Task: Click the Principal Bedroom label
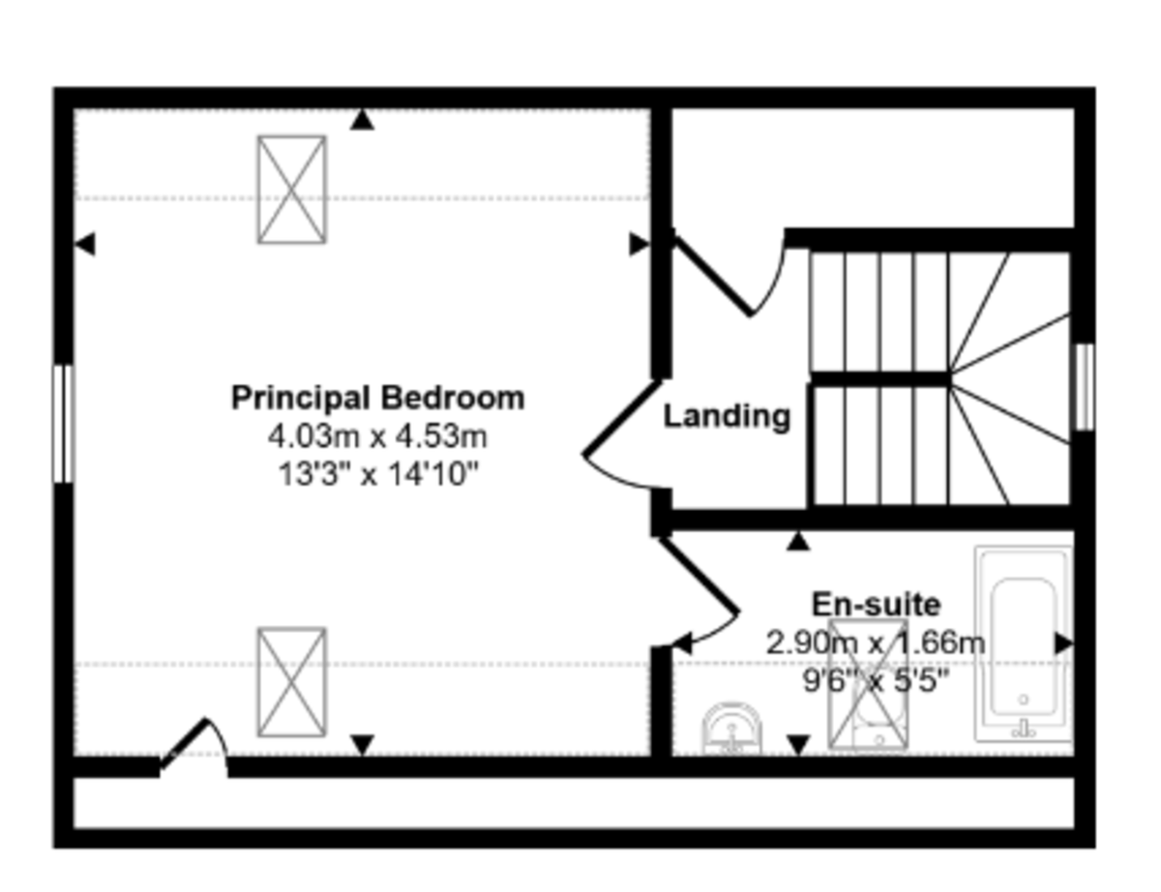pyautogui.click(x=377, y=399)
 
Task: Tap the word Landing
pyautogui.click(x=727, y=417)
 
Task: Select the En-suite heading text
pyautogui.click(x=877, y=605)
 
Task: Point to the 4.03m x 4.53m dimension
pyautogui.click(x=377, y=436)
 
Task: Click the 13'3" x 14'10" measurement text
pyautogui.click(x=377, y=474)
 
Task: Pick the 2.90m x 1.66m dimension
pyautogui.click(x=876, y=642)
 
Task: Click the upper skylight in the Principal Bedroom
pyautogui.click(x=292, y=190)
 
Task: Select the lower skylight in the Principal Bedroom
pyautogui.click(x=292, y=682)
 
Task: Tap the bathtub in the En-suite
pyautogui.click(x=1024, y=643)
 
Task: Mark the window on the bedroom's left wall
pyautogui.click(x=63, y=424)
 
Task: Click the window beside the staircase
pyautogui.click(x=1084, y=387)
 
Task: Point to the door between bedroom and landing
pyautogui.click(x=623, y=418)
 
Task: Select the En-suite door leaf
pyautogui.click(x=700, y=576)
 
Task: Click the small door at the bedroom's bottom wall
pyautogui.click(x=183, y=744)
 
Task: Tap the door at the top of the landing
pyautogui.click(x=713, y=276)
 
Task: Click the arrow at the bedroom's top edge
pyautogui.click(x=362, y=120)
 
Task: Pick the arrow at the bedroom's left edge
pyautogui.click(x=85, y=244)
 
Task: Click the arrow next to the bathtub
pyautogui.click(x=1063, y=644)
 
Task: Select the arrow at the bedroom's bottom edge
pyautogui.click(x=362, y=745)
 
